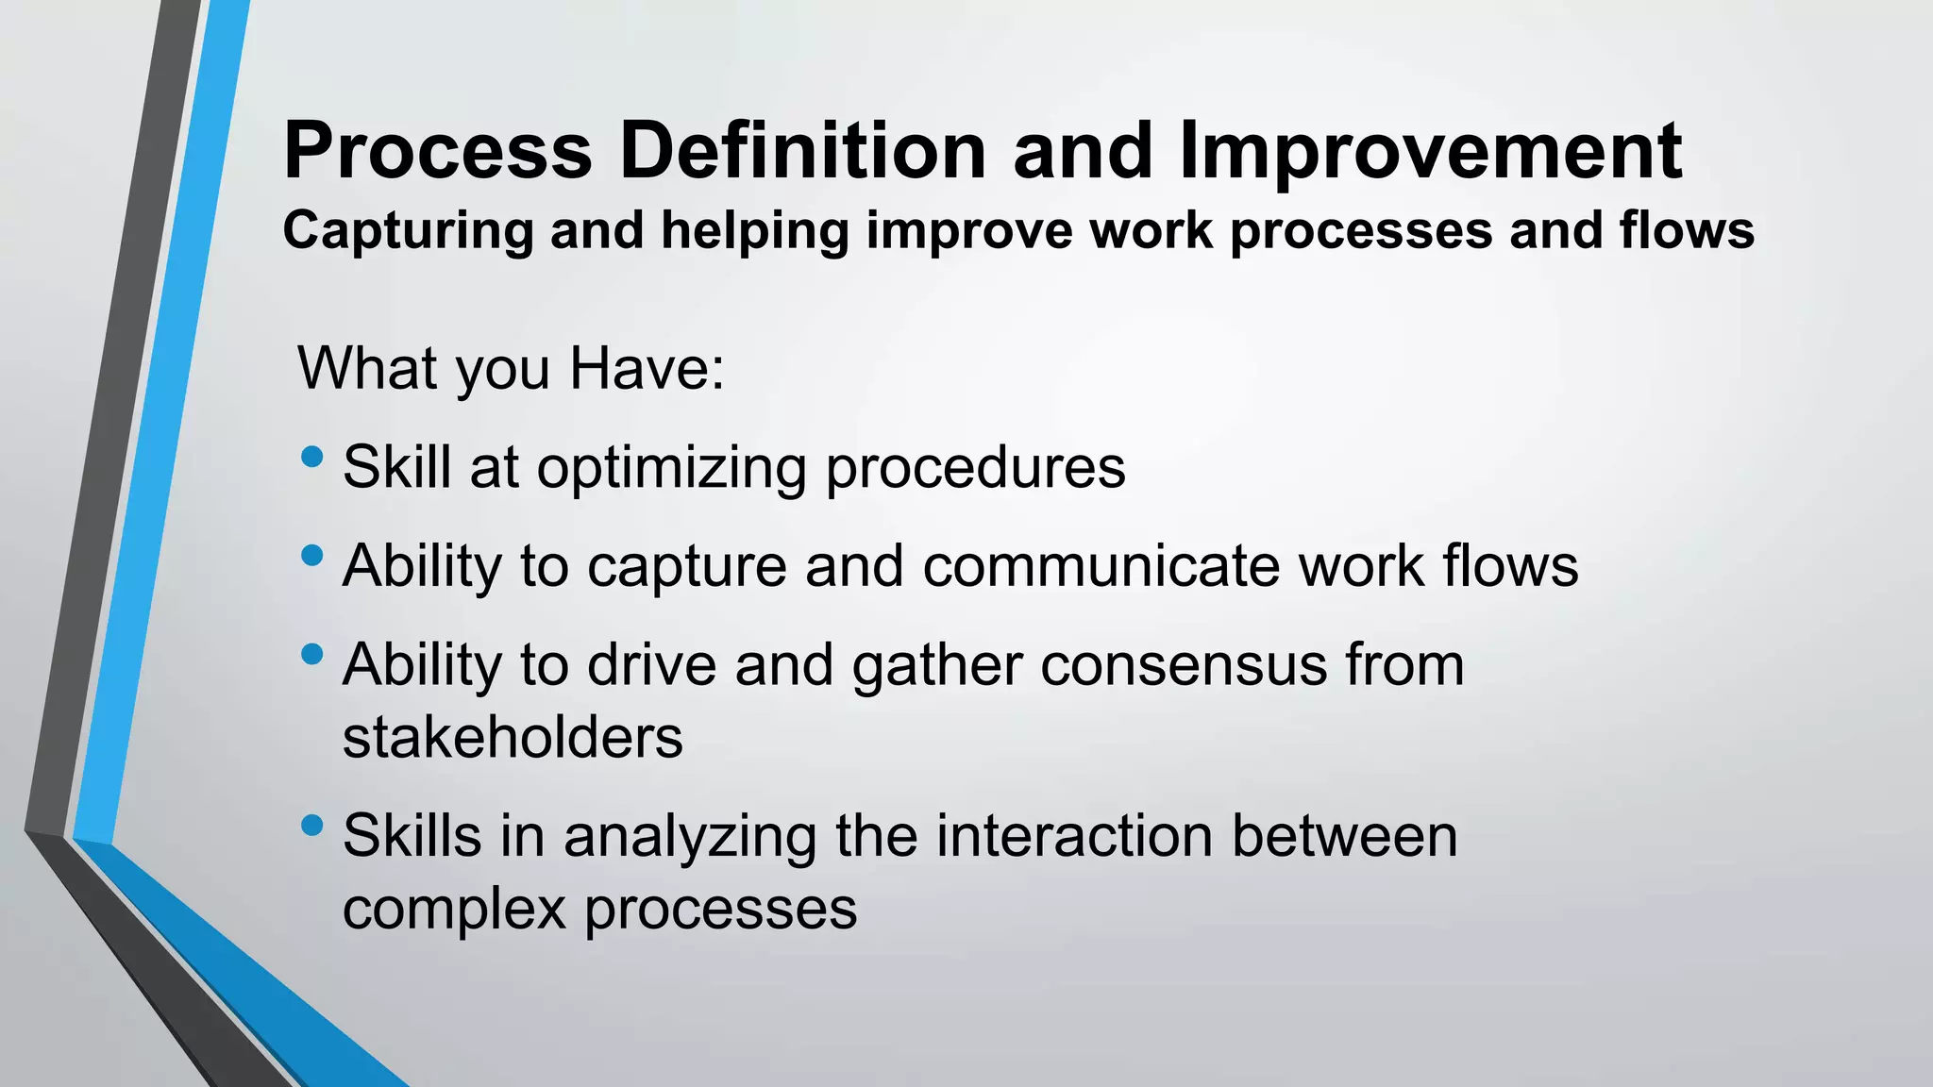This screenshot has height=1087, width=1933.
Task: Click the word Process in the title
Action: (437, 151)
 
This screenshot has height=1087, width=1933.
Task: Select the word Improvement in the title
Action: (1430, 151)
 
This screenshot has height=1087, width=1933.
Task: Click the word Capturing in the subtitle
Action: (408, 231)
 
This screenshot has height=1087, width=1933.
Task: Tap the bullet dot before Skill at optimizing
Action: (312, 458)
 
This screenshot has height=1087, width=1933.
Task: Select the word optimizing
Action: (671, 468)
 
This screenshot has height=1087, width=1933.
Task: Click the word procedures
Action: (975, 468)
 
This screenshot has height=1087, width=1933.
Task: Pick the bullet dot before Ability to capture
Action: (312, 556)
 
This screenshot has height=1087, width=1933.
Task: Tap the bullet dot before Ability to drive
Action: (312, 654)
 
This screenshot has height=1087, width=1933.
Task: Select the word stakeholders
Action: (513, 738)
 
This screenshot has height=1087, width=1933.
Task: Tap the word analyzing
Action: (689, 838)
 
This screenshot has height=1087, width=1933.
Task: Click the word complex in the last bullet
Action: (453, 911)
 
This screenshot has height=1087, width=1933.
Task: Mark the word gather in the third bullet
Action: (936, 665)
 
